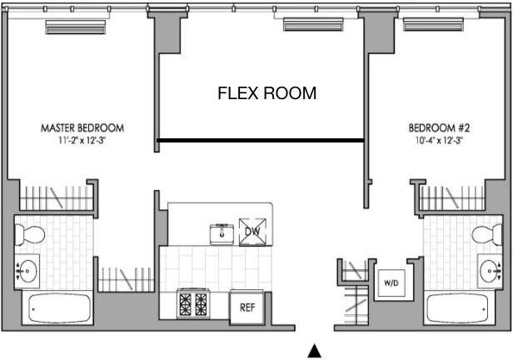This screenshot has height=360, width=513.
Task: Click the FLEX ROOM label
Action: tap(267, 93)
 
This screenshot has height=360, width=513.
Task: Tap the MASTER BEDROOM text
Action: tap(82, 128)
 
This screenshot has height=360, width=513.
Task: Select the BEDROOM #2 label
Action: tap(439, 127)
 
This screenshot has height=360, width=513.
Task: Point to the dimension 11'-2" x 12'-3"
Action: tap(82, 140)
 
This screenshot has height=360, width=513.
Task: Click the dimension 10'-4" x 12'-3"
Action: tap(439, 140)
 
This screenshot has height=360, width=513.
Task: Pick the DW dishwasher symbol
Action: tap(252, 232)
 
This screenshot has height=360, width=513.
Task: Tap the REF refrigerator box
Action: tap(247, 307)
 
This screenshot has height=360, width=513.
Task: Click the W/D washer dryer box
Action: tap(391, 282)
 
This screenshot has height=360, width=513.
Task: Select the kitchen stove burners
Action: tap(193, 303)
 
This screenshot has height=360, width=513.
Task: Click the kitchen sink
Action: tap(222, 234)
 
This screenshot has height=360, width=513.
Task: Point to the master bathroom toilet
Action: tap(30, 235)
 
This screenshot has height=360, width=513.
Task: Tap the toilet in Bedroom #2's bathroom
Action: tap(487, 235)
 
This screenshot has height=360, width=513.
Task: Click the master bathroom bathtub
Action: tap(59, 308)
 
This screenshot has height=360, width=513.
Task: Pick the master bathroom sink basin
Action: tap(27, 272)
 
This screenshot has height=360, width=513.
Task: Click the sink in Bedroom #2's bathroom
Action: tap(490, 272)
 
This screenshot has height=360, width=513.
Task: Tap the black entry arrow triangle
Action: tap(315, 351)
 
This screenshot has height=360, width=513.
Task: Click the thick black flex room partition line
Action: tap(261, 140)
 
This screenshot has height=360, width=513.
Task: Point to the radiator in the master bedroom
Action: tap(76, 27)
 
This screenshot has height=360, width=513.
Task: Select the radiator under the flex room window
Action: tap(313, 24)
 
